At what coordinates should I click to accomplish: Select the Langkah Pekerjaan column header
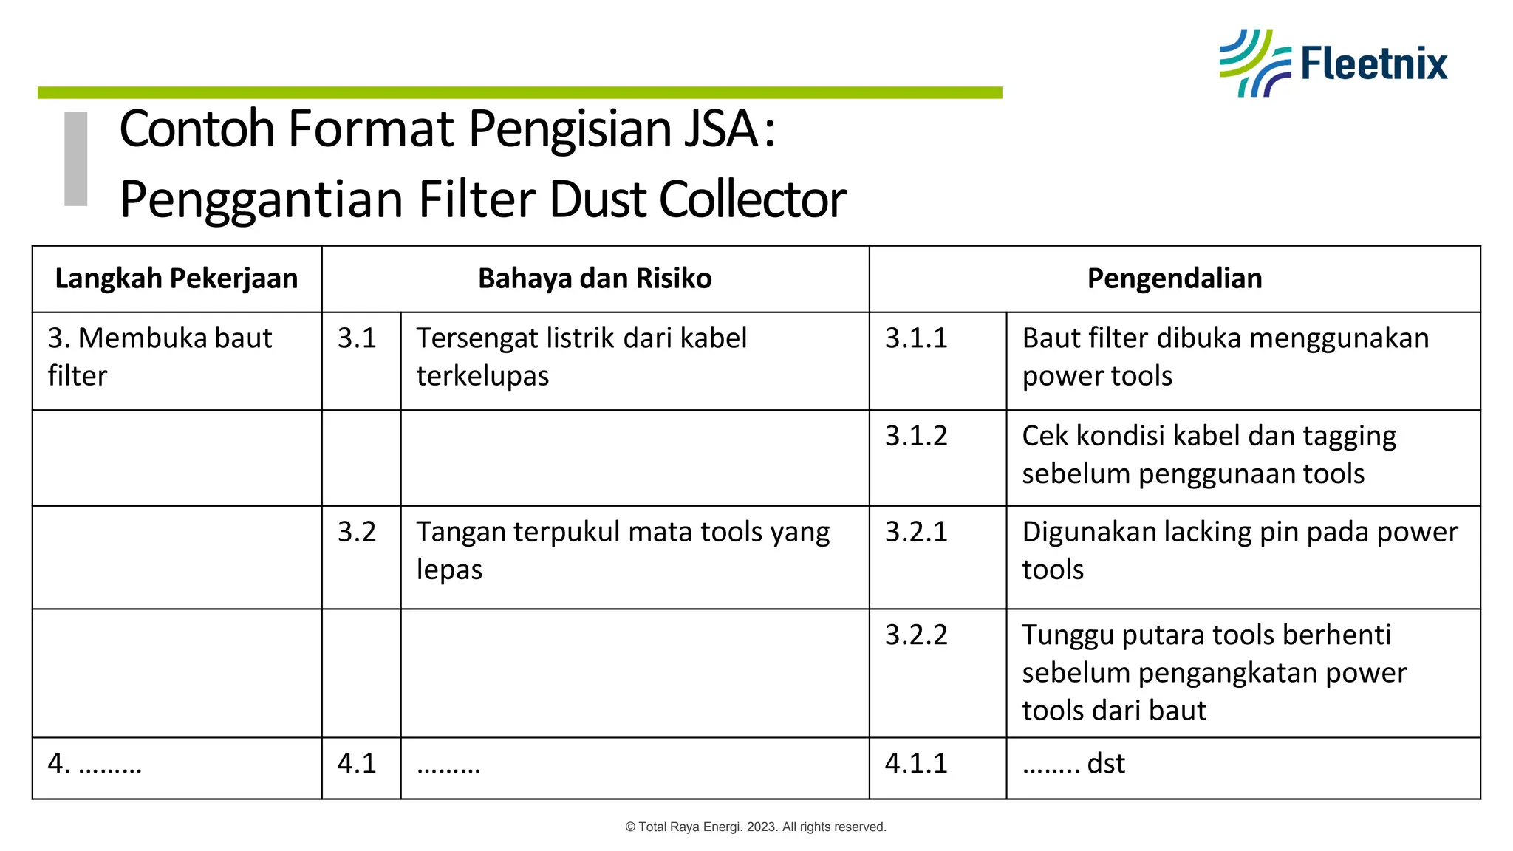click(x=177, y=278)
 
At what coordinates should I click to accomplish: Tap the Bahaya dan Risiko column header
click(x=595, y=278)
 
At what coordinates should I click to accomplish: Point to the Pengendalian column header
click(x=1174, y=278)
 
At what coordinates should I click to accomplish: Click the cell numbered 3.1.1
click(x=916, y=338)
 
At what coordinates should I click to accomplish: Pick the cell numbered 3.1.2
click(x=916, y=436)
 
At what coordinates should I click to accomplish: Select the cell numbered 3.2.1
click(x=916, y=532)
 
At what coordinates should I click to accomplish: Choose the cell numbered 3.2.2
click(x=916, y=635)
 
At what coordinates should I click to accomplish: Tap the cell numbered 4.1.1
click(x=916, y=764)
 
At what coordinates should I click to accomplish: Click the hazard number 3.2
click(x=357, y=532)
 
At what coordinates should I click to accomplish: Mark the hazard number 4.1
click(x=357, y=764)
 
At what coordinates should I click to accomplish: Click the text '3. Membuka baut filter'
click(x=160, y=357)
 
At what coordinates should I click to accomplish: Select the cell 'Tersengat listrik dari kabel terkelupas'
click(x=581, y=357)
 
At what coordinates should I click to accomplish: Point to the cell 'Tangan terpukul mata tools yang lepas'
click(x=623, y=550)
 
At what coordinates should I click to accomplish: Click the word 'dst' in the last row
click(x=1106, y=764)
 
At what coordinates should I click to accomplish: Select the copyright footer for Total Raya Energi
click(x=756, y=827)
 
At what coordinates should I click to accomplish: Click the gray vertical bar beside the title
click(x=76, y=158)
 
